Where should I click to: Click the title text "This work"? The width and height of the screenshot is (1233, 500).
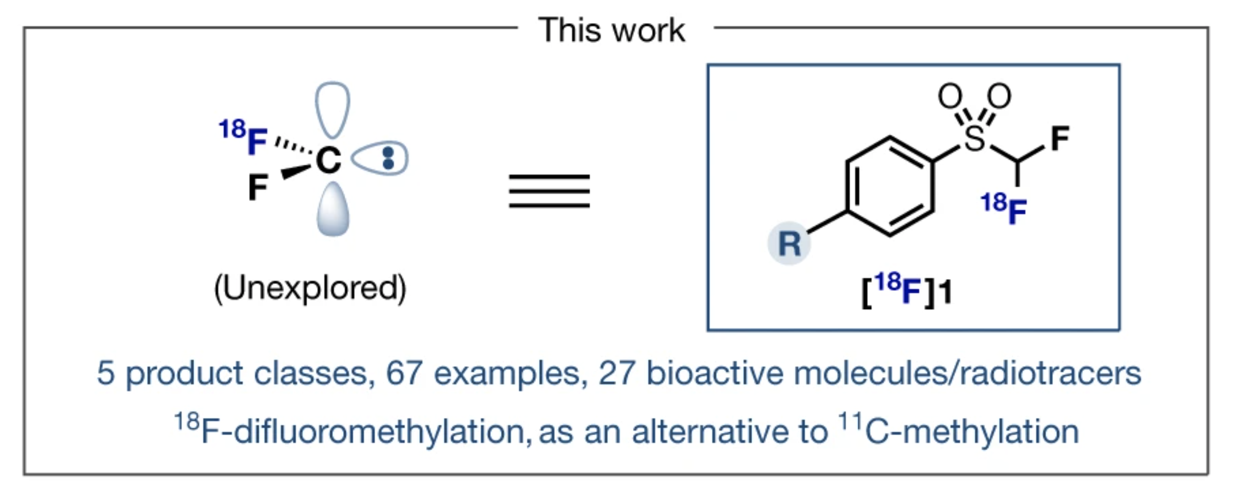(612, 30)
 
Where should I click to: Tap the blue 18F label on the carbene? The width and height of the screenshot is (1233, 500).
(243, 137)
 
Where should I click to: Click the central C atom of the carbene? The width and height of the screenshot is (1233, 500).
(329, 160)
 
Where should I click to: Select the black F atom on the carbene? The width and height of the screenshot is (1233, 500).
(258, 187)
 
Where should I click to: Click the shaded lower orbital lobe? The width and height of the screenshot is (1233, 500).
(333, 209)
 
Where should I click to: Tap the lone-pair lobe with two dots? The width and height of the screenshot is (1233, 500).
(380, 158)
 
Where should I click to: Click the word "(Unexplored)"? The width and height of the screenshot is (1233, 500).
(310, 288)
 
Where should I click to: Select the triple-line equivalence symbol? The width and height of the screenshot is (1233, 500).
(549, 191)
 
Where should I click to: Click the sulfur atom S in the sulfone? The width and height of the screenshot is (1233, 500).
(975, 138)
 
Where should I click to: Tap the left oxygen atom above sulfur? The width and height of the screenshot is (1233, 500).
(950, 97)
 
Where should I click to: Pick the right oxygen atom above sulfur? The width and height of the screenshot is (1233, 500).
(999, 97)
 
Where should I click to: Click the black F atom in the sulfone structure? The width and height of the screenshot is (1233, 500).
(1060, 138)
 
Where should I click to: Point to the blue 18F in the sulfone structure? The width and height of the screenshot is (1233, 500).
(1004, 209)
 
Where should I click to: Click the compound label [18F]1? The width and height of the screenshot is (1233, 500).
(907, 290)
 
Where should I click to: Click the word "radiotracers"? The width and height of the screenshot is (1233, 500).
(1050, 373)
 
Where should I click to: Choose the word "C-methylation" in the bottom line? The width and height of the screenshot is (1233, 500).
(972, 432)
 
